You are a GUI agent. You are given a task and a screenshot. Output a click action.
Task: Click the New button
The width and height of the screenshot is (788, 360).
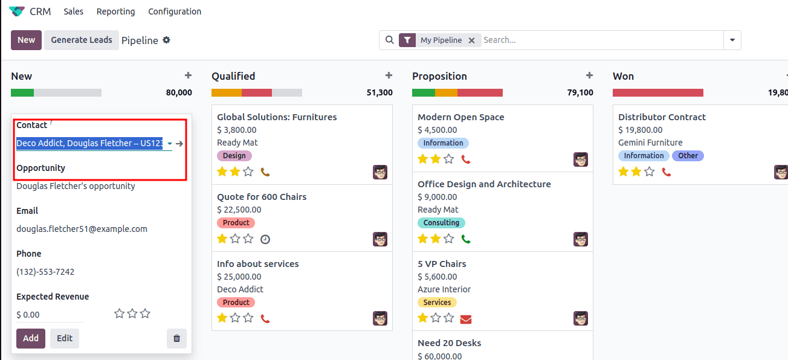point(26,40)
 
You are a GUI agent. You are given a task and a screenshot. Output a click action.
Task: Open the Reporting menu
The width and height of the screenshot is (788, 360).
point(115,11)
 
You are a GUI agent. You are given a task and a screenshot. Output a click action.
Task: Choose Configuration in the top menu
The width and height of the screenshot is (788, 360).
point(175,11)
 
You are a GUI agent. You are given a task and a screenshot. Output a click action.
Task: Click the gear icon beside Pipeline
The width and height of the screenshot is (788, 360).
point(167,40)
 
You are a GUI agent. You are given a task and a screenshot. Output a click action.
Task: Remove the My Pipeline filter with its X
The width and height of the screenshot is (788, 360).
point(471,40)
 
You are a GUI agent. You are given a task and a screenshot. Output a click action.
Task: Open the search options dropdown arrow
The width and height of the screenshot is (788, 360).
point(732,40)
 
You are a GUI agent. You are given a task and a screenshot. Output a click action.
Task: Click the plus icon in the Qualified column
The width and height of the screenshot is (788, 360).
point(389,76)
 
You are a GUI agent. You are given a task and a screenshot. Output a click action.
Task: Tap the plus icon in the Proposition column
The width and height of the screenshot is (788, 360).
point(589,76)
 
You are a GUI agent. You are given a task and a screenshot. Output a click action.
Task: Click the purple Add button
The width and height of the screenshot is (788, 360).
point(31,338)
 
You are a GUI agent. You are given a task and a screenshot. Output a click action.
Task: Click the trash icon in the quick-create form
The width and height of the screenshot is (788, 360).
point(176,338)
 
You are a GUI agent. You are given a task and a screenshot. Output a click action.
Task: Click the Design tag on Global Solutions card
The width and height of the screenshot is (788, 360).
point(234,156)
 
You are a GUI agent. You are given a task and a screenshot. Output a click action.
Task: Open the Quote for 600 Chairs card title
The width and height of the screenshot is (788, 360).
point(262,197)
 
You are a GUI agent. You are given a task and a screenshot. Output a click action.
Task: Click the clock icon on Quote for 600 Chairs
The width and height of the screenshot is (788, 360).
point(265,239)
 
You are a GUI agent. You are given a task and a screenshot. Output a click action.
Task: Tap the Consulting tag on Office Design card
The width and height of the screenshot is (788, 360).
point(441,223)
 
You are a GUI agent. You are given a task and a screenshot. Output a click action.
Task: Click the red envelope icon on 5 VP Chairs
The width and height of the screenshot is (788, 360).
point(466,318)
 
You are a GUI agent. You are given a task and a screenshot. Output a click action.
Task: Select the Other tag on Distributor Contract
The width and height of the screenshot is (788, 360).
point(688,156)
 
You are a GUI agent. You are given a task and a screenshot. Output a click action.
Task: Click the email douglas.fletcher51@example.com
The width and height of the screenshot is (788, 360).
point(82,229)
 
